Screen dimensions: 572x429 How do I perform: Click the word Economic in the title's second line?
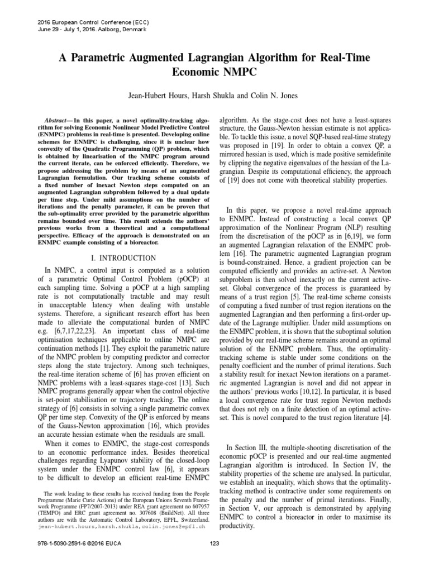(x=184, y=73)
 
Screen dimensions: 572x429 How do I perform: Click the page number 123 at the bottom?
(x=214, y=560)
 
